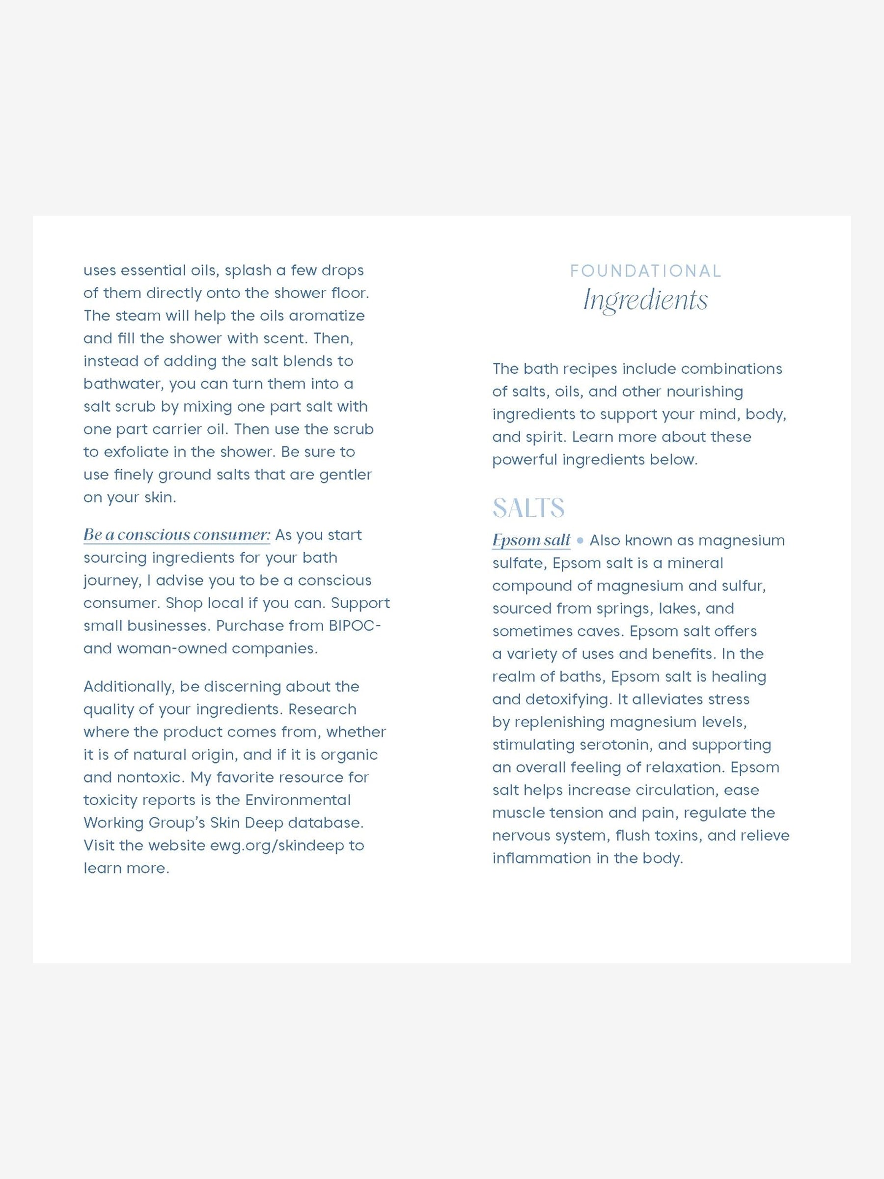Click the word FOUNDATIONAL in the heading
click(x=645, y=271)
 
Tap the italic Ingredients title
click(x=645, y=300)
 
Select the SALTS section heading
click(x=528, y=507)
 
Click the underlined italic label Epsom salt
click(x=531, y=540)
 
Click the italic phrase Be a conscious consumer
click(x=177, y=534)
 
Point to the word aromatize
click(x=327, y=315)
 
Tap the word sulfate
click(x=517, y=563)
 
